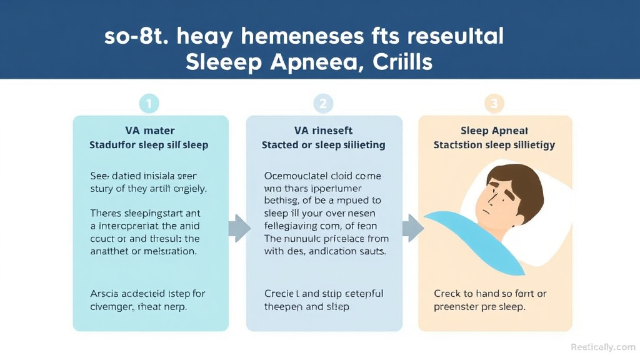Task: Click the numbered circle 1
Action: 149,104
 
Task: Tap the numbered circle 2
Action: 322,104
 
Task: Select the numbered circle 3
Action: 494,104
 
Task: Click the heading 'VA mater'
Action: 149,131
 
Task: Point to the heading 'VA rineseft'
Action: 323,131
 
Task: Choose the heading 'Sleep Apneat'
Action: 494,131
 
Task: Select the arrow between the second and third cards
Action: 412,228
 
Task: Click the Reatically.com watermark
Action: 602,347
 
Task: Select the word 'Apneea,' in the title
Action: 310,62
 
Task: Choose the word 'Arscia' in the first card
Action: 106,293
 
